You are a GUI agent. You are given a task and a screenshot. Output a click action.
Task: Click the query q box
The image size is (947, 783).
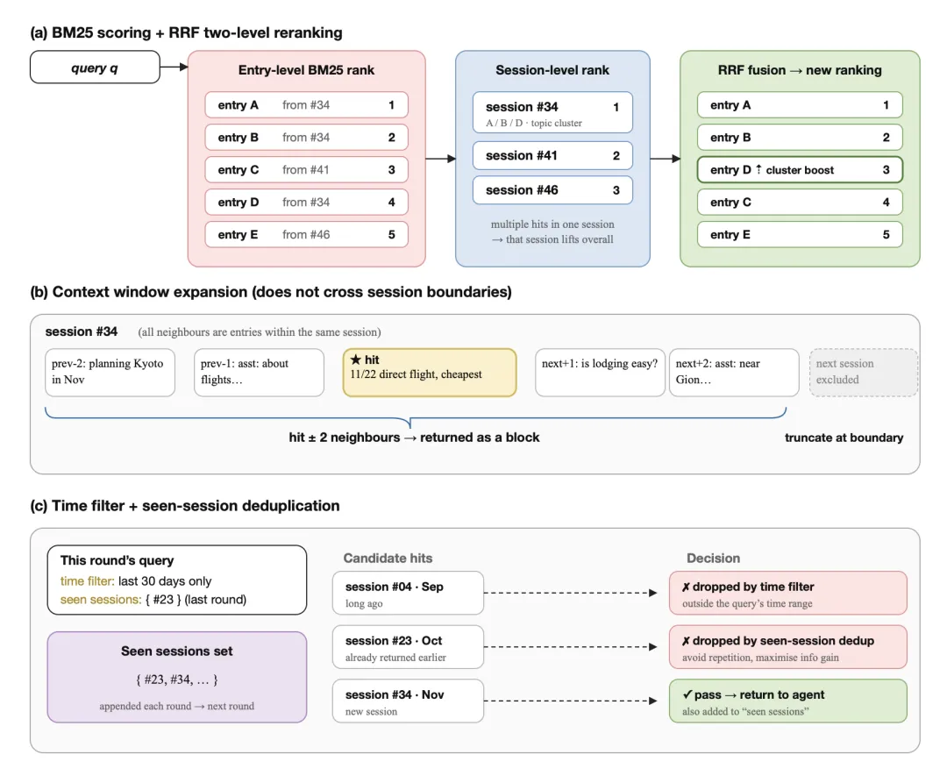tap(95, 67)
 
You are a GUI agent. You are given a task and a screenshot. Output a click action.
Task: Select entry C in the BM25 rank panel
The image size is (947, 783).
tap(306, 169)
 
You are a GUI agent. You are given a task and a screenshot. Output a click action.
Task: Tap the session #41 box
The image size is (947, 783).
tap(552, 156)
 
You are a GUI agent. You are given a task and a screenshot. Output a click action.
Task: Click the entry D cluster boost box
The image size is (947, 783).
tap(800, 169)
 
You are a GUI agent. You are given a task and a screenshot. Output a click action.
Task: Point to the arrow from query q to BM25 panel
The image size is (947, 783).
tap(174, 67)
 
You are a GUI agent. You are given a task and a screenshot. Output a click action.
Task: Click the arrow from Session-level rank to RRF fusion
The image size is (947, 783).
tap(665, 159)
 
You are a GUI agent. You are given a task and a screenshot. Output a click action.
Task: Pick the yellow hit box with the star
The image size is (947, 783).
tap(430, 373)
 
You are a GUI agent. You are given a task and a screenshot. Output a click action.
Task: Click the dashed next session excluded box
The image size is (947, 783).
tap(863, 373)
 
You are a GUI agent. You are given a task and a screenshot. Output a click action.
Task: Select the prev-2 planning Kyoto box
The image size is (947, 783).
tap(110, 373)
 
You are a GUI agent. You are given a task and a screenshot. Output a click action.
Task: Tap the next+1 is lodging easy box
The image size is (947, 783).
tap(600, 373)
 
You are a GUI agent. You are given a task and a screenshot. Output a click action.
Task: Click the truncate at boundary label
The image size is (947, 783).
tap(844, 438)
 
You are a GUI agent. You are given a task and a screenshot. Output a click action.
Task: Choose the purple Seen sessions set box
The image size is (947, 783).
tap(177, 677)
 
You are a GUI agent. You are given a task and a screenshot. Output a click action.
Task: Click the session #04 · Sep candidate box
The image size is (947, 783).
tap(408, 593)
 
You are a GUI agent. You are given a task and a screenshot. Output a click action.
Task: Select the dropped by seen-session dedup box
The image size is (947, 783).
tap(788, 646)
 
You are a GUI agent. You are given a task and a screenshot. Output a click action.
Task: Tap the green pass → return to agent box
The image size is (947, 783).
tap(788, 701)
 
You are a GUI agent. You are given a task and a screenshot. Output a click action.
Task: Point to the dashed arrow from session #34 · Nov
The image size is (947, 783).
tap(570, 701)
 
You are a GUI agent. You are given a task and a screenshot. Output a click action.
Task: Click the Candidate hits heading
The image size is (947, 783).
tap(388, 559)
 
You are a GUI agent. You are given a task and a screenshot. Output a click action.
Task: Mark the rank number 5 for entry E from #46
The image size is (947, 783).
tap(391, 234)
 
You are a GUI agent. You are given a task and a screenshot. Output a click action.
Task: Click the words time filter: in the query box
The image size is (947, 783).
tap(87, 580)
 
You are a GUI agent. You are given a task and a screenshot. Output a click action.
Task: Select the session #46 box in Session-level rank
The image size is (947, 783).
tap(552, 190)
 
